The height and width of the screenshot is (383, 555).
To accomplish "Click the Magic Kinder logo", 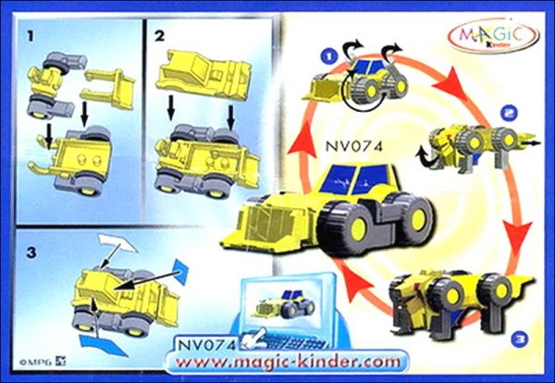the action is point(494,36).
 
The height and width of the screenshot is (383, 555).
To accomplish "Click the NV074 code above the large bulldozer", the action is point(354,146).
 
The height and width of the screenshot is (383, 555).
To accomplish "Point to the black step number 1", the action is point(31,36).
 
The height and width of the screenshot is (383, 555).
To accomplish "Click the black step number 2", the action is point(159,36).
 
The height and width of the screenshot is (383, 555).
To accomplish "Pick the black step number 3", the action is point(31,253).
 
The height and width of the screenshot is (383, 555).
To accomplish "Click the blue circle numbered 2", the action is point(509,113).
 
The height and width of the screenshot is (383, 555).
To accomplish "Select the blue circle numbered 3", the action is point(519,340).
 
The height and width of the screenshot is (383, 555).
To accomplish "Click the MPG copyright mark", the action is point(43,362).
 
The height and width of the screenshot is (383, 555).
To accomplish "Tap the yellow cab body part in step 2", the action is point(204,74).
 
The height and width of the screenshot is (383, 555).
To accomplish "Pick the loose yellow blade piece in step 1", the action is point(108,88).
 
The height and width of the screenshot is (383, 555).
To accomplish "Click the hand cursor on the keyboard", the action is point(255,338).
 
